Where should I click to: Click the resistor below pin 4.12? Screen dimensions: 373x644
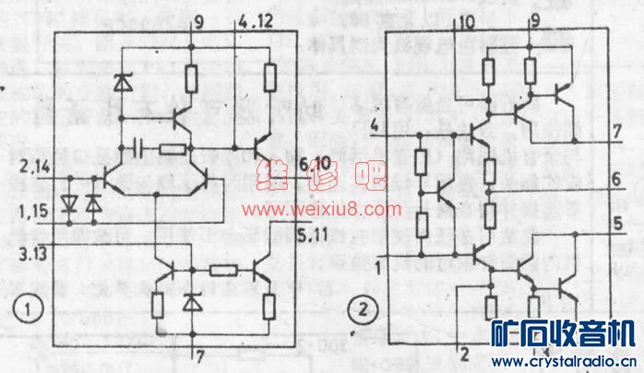click(x=268, y=76)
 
